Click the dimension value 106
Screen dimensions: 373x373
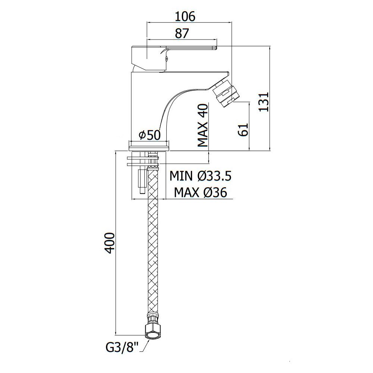coord(185,16)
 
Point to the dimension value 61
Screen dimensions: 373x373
coord(243,130)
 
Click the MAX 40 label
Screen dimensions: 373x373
coord(203,125)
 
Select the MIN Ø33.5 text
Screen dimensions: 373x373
coord(200,176)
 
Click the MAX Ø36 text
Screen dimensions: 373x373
coord(201,192)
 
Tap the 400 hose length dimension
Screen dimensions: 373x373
coord(110,243)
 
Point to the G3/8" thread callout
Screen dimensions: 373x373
coord(122,348)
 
